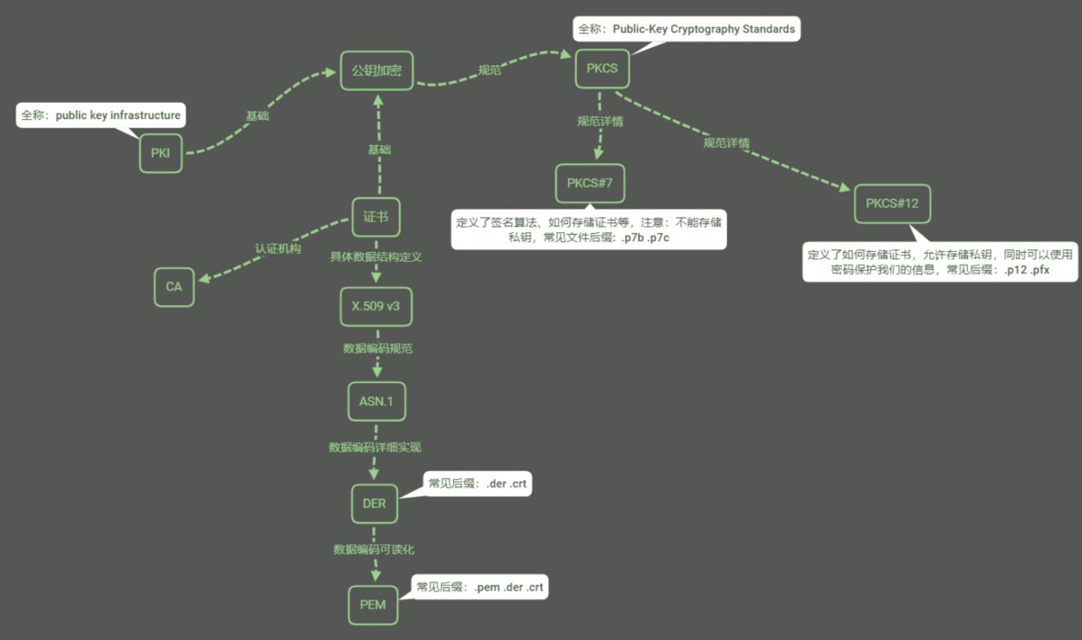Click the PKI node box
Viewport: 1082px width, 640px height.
(161, 153)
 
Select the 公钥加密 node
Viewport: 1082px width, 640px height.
(377, 71)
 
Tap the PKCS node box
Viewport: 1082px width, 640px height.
(602, 69)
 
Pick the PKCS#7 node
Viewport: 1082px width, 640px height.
(590, 183)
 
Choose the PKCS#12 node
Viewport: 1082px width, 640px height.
(892, 204)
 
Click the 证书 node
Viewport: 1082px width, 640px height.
(376, 217)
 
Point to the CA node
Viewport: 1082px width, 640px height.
(174, 287)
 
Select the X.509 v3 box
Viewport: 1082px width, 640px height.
(376, 306)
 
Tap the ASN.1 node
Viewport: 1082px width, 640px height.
(377, 401)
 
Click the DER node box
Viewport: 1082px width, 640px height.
(374, 503)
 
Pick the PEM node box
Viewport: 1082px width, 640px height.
(373, 605)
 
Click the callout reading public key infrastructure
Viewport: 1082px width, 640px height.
(101, 115)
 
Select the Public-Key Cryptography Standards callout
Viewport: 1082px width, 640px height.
(687, 29)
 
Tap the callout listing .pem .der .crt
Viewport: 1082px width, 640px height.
(480, 587)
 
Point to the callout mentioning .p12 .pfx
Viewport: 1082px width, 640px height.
(940, 262)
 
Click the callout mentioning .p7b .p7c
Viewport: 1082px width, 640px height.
(589, 230)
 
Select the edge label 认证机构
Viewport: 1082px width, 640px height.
(278, 249)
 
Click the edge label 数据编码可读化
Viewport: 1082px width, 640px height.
(374, 550)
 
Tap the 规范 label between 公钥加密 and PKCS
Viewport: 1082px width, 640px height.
(490, 70)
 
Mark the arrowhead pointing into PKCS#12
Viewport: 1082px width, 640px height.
(845, 187)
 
